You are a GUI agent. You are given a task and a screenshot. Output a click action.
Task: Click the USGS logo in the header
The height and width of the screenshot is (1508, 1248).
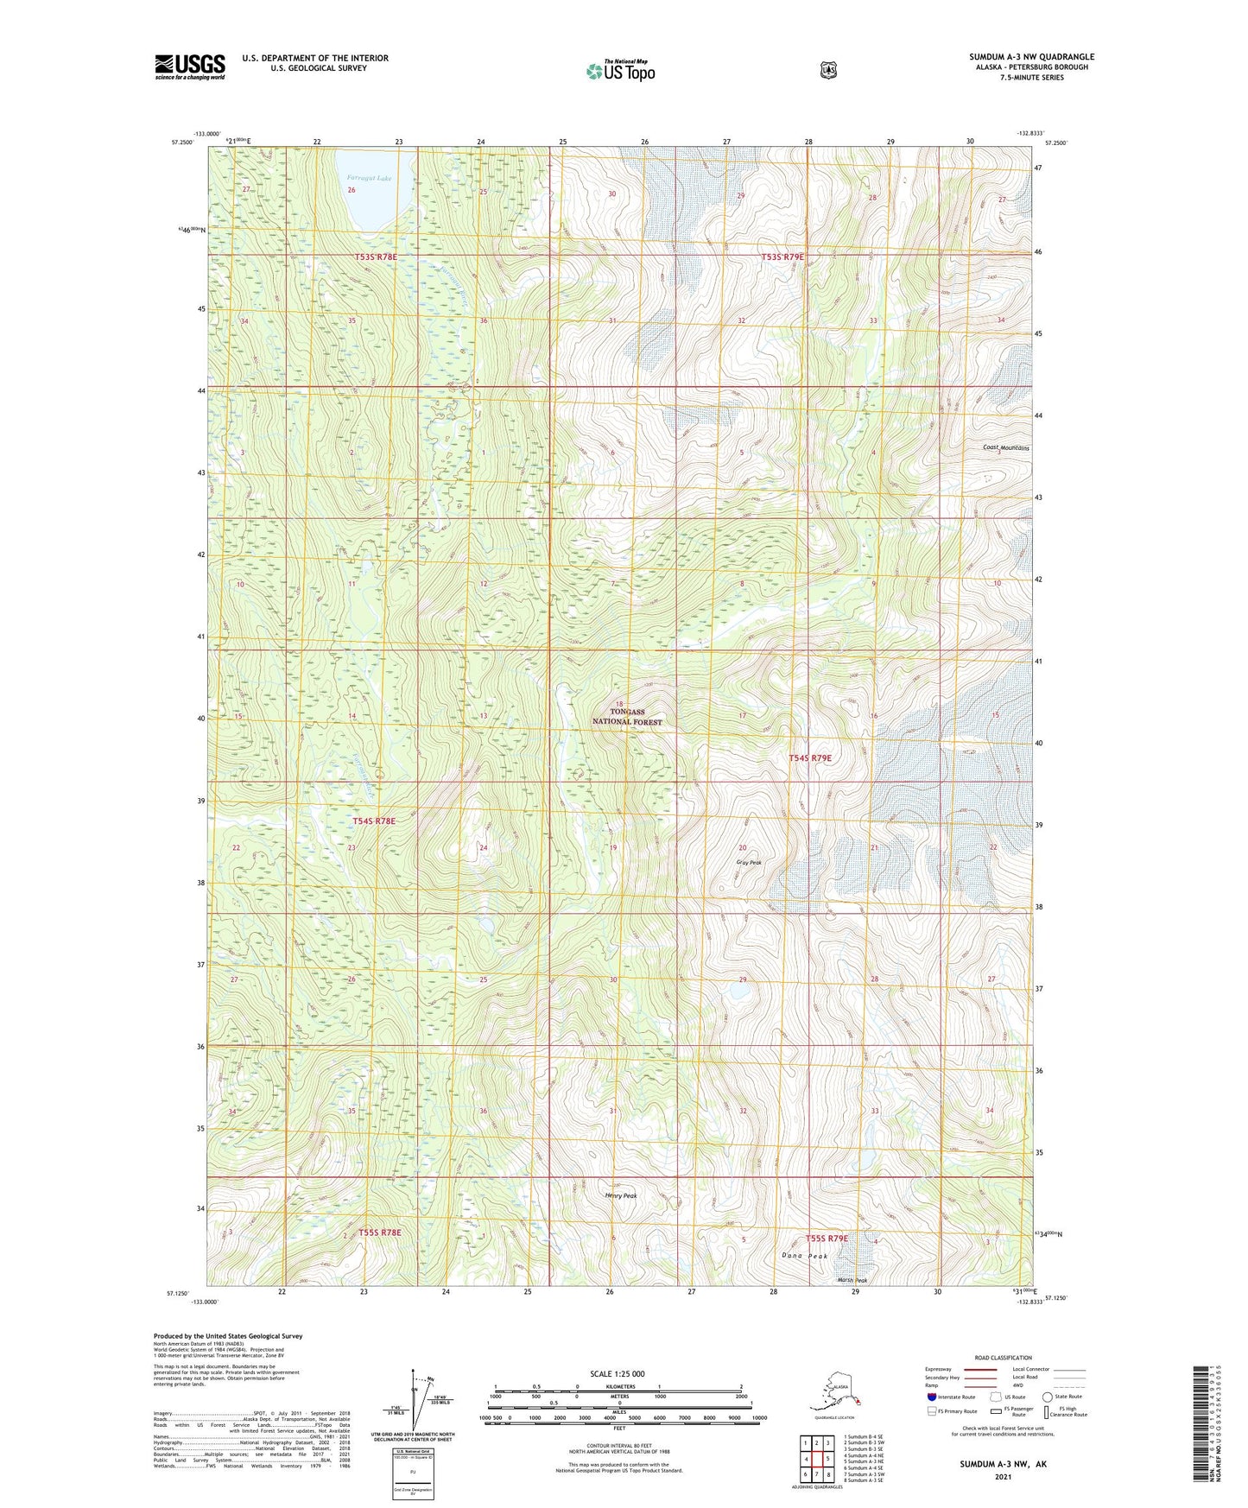click(190, 67)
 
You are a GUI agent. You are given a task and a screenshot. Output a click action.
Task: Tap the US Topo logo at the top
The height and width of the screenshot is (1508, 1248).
click(620, 71)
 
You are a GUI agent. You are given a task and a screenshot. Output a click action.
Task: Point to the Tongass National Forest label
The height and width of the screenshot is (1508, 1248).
click(627, 717)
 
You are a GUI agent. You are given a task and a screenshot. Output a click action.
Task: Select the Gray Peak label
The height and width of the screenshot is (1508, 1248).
click(748, 862)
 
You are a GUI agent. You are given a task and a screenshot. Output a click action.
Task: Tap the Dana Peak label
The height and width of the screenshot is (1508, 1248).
click(805, 1256)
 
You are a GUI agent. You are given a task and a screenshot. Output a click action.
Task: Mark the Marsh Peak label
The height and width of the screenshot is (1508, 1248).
click(852, 1280)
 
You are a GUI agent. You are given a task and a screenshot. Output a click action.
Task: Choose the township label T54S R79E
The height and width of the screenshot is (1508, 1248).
click(810, 757)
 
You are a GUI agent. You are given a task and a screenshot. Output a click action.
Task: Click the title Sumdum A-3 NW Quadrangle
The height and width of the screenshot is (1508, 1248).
click(1031, 57)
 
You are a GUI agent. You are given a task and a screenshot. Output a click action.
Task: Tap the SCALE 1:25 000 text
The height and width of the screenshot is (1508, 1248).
click(617, 1373)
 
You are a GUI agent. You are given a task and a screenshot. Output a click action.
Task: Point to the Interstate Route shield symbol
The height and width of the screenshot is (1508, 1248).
click(931, 1397)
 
